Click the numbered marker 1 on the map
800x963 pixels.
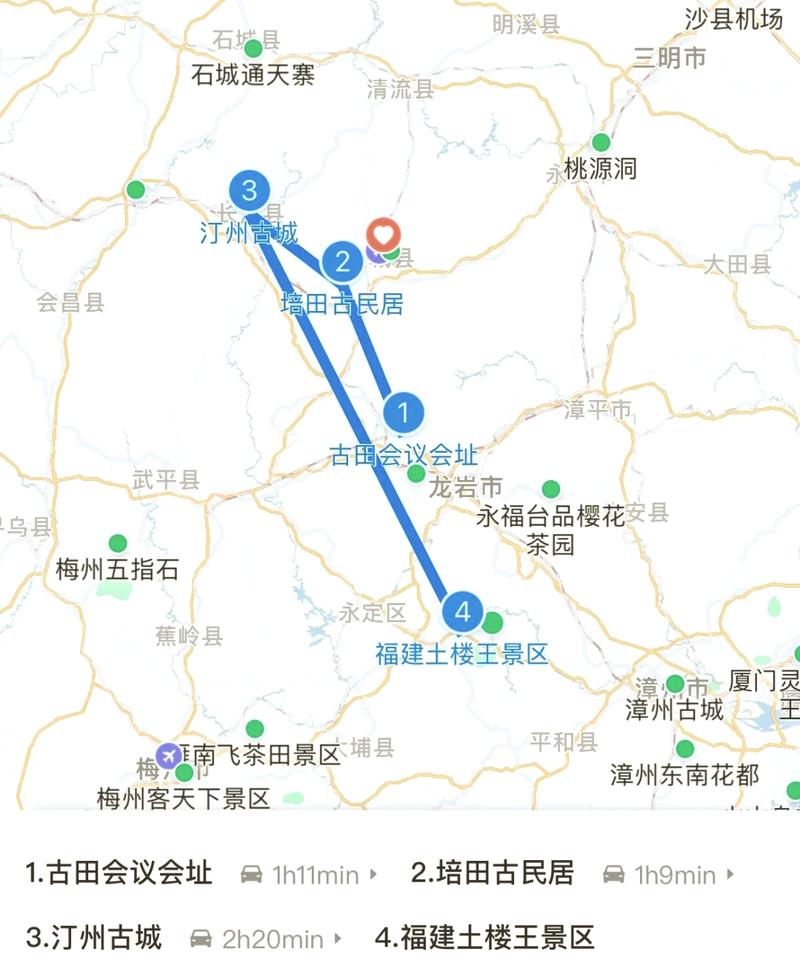point(403,412)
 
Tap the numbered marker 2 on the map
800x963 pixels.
point(343,262)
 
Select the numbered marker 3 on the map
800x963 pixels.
point(249,190)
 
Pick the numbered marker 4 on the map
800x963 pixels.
point(462,611)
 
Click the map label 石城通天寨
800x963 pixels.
point(254,75)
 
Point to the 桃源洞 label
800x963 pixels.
point(600,169)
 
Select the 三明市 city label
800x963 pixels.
point(669,58)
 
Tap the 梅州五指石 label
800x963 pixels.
point(118,571)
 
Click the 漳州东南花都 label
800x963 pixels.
point(685,774)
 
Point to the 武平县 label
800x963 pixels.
point(166,481)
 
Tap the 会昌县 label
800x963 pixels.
point(70,302)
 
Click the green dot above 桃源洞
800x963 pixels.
point(601,143)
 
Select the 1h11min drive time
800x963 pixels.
point(315,875)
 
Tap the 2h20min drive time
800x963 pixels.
point(272,939)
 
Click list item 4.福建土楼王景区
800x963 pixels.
point(485,938)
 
